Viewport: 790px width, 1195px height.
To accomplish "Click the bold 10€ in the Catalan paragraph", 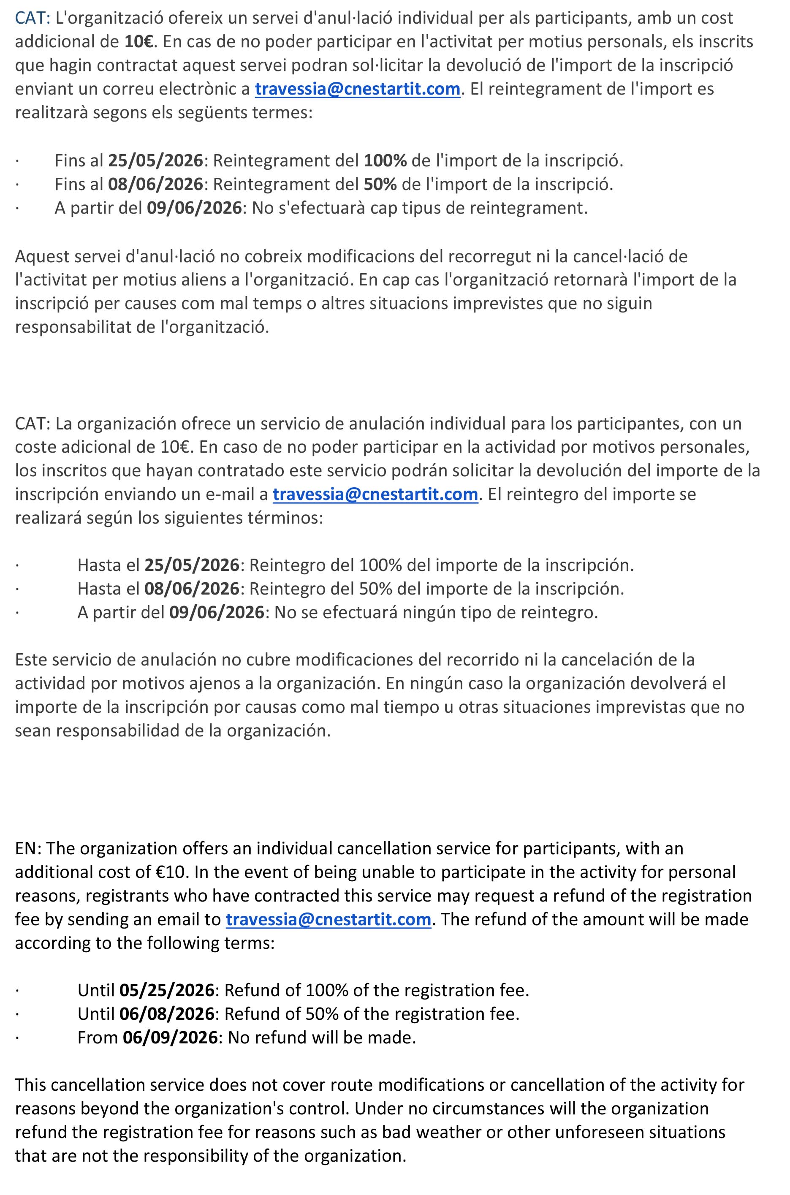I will click(138, 41).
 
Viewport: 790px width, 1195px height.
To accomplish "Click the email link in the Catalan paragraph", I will click(358, 89).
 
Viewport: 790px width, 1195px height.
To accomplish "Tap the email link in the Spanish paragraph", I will click(375, 494).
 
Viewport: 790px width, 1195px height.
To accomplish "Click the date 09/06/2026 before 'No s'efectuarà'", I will click(195, 208).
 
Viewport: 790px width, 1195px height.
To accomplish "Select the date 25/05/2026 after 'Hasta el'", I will click(192, 565).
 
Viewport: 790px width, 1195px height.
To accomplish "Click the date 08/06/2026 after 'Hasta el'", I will click(192, 589).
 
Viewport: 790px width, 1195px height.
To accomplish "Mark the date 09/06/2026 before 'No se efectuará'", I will click(217, 612).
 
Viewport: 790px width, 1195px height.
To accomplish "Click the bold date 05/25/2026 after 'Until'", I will click(167, 991).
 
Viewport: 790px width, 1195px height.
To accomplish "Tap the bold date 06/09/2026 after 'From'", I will click(170, 1037).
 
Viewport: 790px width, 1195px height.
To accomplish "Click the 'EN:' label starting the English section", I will click(28, 848).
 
